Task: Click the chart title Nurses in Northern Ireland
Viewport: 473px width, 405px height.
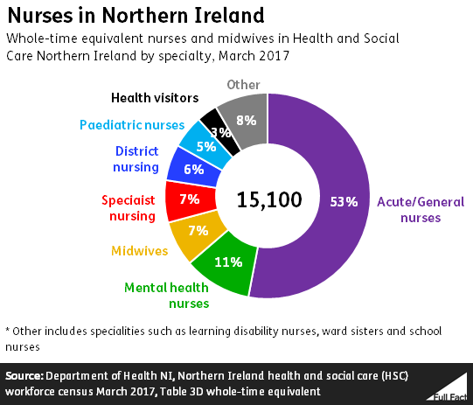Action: (133, 17)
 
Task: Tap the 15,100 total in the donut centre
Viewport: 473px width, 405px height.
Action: (269, 199)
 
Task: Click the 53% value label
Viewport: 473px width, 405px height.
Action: (344, 202)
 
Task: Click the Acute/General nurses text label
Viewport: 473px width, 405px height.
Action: (421, 209)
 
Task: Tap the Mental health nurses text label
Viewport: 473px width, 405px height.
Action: (166, 295)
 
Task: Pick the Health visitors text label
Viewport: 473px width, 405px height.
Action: (155, 98)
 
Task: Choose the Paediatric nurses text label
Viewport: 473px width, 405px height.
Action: (132, 125)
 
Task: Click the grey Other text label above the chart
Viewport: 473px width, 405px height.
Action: (243, 85)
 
